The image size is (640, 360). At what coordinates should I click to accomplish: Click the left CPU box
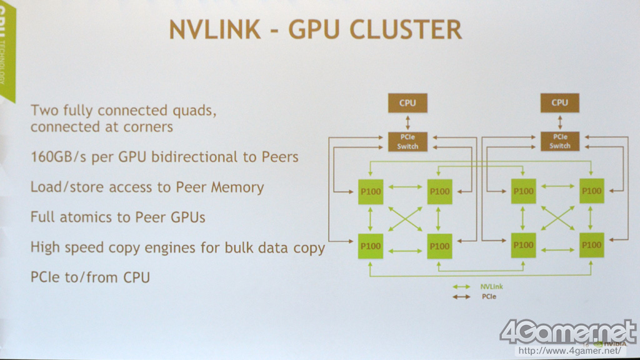407,102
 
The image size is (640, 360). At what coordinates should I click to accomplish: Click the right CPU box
559,102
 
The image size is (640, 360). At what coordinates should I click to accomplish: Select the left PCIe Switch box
407,142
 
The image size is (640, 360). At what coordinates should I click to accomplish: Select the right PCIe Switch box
559,142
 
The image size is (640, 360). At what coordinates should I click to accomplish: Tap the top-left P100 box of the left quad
371,191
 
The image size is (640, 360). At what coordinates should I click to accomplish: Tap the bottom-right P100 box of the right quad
591,246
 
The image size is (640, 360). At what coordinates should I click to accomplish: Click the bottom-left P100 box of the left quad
371,246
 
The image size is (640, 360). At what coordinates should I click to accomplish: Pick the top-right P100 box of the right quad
591,191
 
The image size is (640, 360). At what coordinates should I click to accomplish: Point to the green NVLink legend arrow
462,287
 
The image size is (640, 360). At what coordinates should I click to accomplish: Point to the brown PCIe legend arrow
462,296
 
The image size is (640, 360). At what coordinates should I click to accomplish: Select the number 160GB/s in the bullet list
60,157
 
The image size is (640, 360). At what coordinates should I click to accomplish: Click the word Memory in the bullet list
235,187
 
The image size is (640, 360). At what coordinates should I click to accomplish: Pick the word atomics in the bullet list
87,217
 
